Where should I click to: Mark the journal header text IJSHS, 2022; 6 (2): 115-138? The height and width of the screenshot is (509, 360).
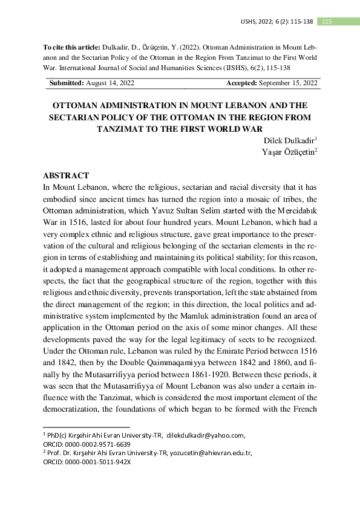pos(277,22)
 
